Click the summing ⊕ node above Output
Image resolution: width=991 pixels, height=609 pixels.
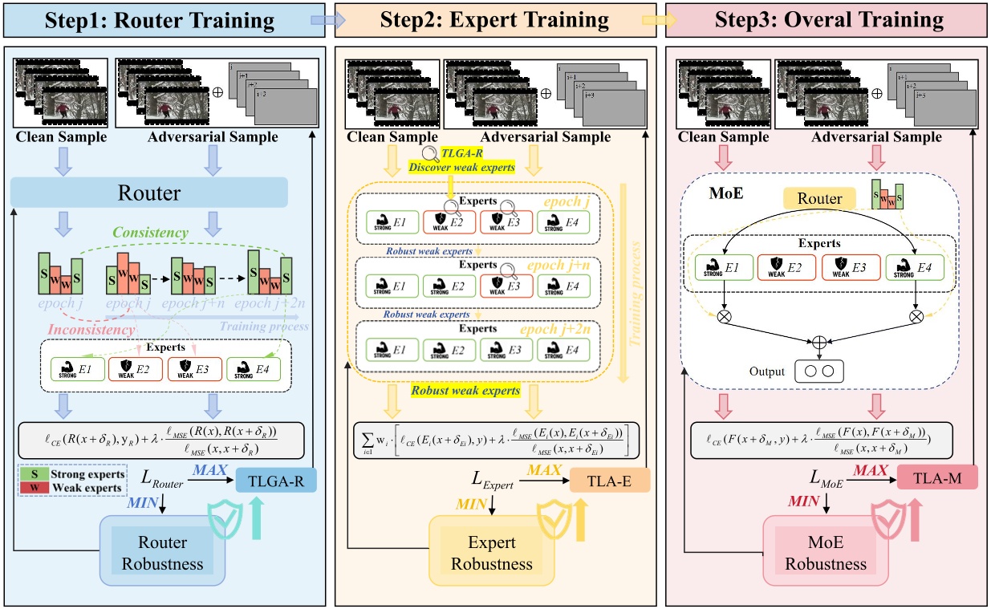tap(819, 342)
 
